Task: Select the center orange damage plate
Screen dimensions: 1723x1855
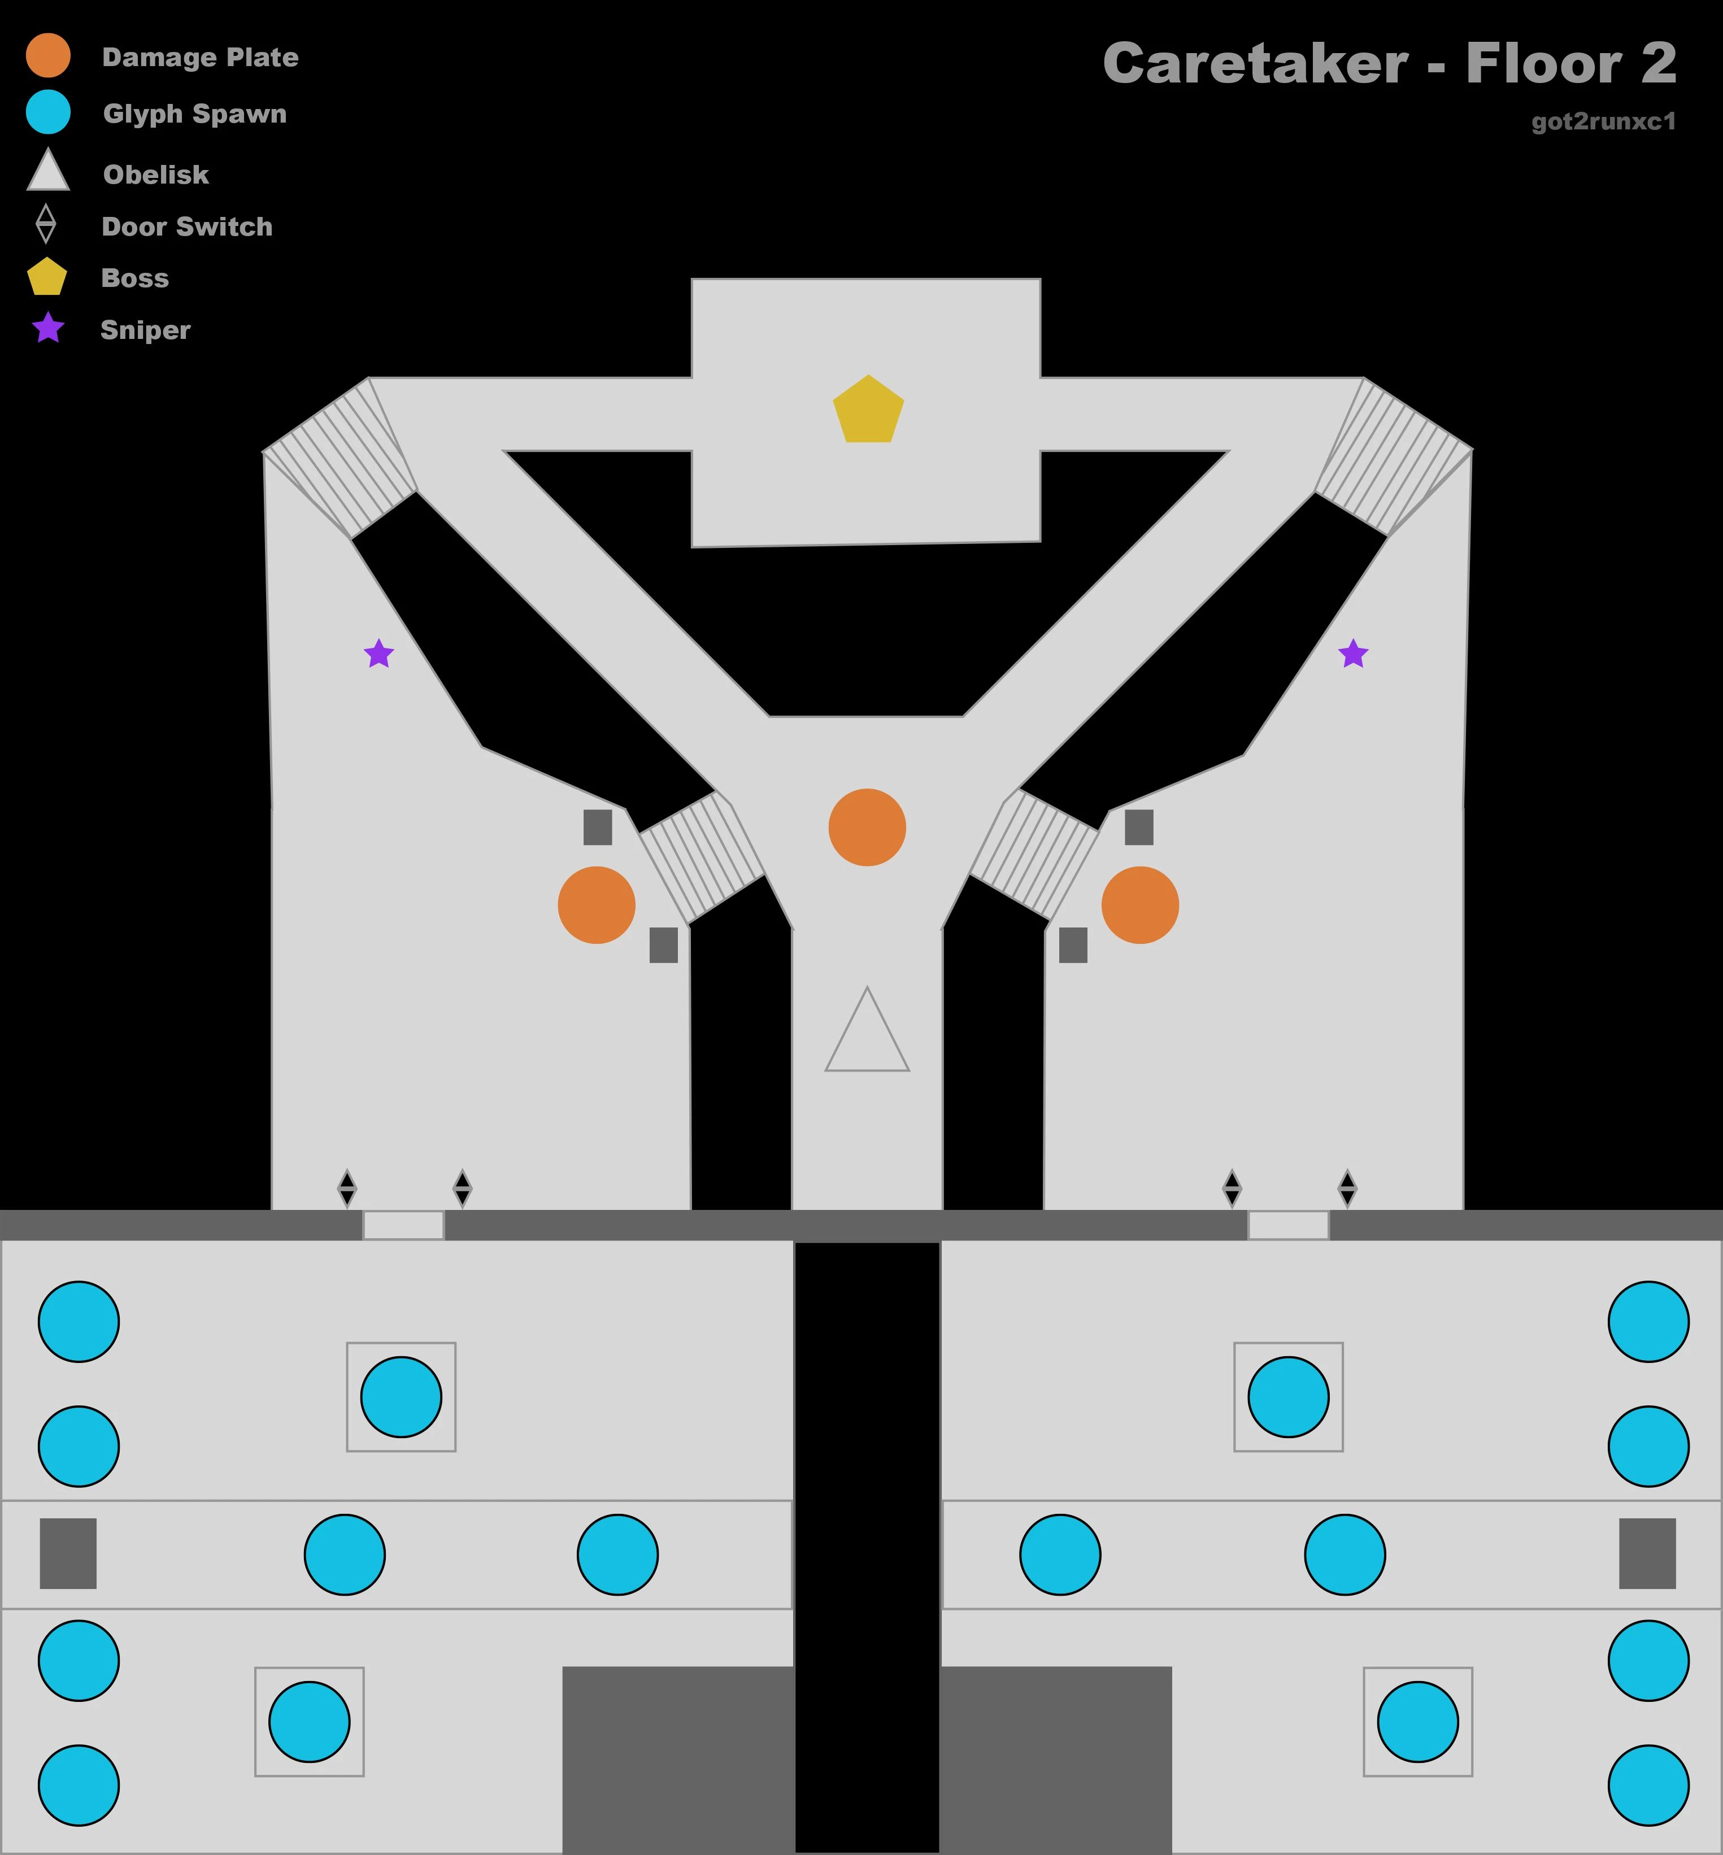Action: click(x=867, y=827)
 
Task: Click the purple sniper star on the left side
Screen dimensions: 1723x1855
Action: click(x=378, y=654)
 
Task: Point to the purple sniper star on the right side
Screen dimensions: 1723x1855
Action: click(x=1353, y=654)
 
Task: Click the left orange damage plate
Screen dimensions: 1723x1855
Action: click(x=597, y=904)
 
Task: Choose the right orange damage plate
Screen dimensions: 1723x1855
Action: click(x=1139, y=904)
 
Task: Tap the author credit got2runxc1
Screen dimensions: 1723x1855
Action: click(x=1604, y=121)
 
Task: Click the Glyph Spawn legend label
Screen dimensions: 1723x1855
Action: click(x=195, y=114)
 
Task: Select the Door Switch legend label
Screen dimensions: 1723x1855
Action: click(x=188, y=227)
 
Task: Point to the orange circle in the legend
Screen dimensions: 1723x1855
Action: click(x=47, y=55)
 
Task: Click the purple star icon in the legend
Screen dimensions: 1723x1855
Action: click(x=47, y=328)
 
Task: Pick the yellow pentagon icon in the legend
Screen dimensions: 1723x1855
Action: click(x=47, y=277)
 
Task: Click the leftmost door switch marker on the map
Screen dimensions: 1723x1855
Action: click(x=347, y=1187)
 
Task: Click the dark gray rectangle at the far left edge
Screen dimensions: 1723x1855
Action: click(x=68, y=1553)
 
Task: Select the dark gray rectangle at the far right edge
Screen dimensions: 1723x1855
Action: click(x=1647, y=1553)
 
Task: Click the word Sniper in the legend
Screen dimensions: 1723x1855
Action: click(x=145, y=330)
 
